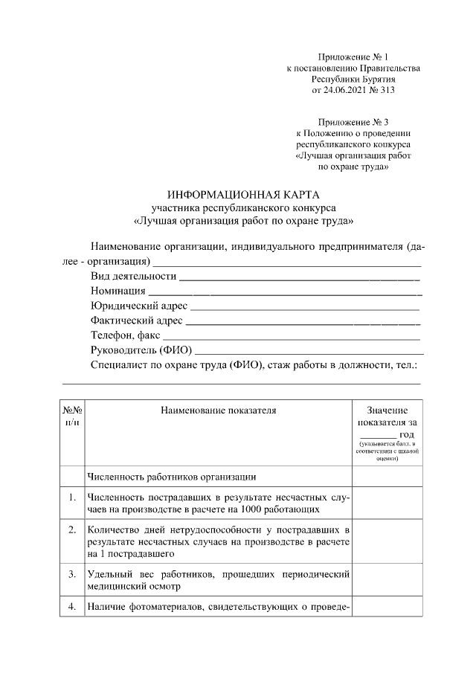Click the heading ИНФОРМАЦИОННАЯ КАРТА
[243, 194]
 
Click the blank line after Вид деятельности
[300, 278]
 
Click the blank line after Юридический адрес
[305, 307]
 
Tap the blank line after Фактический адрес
[302, 324]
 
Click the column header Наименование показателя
[218, 410]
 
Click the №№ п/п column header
[72, 416]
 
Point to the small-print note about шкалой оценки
[387, 451]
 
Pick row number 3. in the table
[72, 574]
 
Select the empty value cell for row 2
[387, 541]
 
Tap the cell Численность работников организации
[172, 476]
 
